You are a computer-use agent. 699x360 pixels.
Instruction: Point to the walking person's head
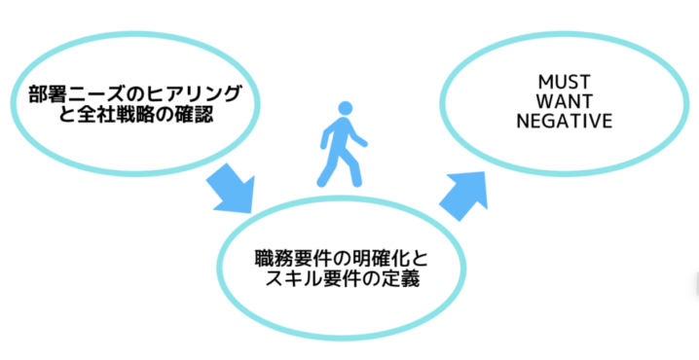346,109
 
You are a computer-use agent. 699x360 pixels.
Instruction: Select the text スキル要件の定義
340,283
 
